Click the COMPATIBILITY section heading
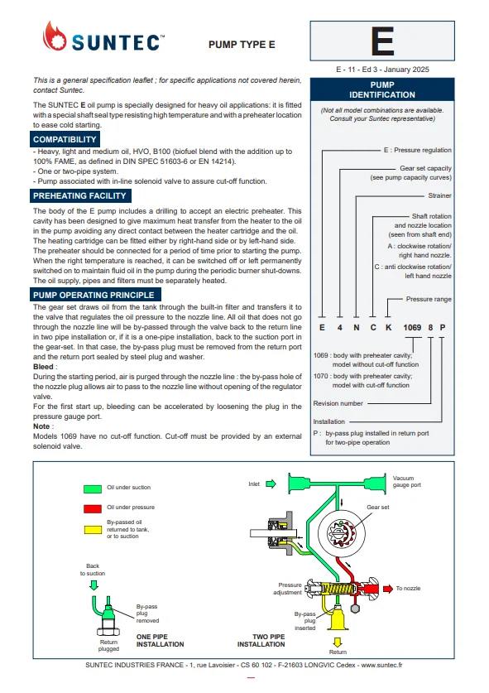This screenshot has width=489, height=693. tap(65, 139)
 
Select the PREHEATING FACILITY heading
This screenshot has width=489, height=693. tap(80, 195)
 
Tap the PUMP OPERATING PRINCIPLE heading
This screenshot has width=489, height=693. tap(94, 295)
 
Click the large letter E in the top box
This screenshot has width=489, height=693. tap(382, 41)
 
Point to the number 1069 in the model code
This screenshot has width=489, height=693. tap(412, 328)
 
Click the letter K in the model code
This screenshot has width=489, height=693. tap(389, 328)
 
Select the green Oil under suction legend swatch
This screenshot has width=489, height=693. tap(93, 488)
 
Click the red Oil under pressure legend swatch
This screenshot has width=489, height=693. tap(93, 508)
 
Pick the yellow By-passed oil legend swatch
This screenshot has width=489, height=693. tap(93, 529)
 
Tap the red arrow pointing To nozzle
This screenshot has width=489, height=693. tap(388, 588)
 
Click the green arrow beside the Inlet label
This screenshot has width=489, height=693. tap(271, 484)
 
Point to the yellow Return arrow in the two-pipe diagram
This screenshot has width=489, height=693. tap(338, 642)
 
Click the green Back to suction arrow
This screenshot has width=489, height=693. tap(93, 585)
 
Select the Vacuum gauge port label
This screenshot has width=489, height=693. tap(407, 482)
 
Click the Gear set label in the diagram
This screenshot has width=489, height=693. tap(377, 507)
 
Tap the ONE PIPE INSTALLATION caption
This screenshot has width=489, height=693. tap(160, 640)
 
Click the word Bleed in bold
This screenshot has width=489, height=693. tap(43, 367)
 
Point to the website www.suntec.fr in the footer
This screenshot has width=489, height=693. tap(381, 665)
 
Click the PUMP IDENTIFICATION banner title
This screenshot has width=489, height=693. tap(382, 89)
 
